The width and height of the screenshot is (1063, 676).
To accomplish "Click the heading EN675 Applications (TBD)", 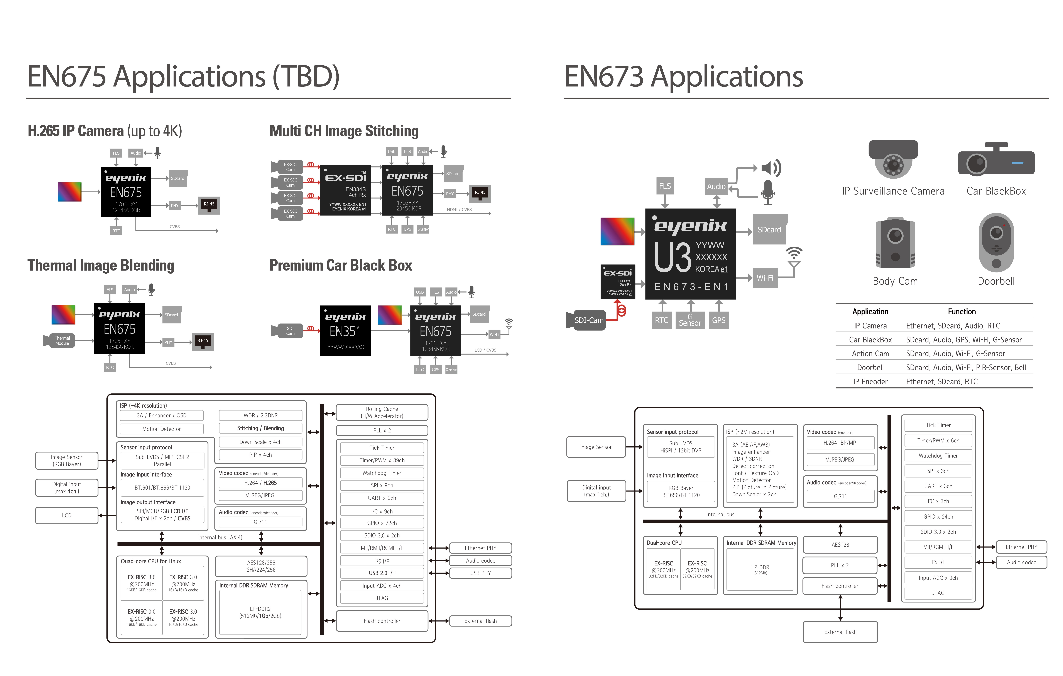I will [x=183, y=76].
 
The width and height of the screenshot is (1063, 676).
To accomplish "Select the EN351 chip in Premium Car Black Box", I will [x=345, y=331].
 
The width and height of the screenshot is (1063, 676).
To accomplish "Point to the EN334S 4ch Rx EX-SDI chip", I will [x=345, y=190].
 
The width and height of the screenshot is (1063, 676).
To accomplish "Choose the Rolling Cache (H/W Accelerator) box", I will [x=382, y=412].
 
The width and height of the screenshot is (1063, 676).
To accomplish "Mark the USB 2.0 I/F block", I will [x=382, y=573].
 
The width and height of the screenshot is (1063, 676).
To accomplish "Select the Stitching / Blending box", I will [x=260, y=428].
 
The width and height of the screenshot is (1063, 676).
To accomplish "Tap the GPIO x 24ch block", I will [x=938, y=517].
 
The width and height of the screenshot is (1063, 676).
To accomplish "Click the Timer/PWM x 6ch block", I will [x=938, y=441].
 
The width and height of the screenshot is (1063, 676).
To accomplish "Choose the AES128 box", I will [x=840, y=545].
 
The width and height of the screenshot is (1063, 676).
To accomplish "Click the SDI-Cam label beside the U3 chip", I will [x=588, y=320].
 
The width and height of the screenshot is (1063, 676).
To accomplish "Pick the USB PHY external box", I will [x=480, y=573].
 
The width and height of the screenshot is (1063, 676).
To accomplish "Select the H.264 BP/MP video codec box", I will [x=840, y=443].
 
